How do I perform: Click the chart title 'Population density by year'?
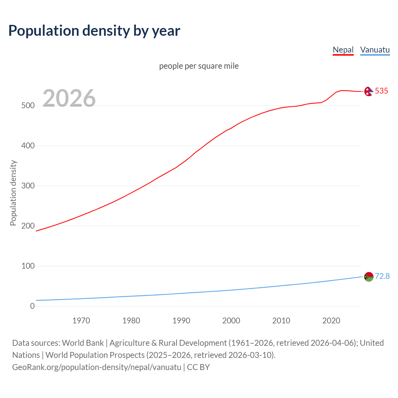[x=94, y=31]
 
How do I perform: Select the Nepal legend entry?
[x=343, y=50]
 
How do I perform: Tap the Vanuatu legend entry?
[x=375, y=50]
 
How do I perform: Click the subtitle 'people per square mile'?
[x=199, y=66]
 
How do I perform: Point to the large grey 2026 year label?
[x=69, y=98]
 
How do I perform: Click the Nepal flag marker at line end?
[x=368, y=91]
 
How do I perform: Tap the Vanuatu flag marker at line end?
[x=369, y=276]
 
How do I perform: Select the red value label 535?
[x=382, y=91]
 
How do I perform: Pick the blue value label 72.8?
[x=382, y=276]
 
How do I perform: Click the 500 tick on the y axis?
[x=28, y=106]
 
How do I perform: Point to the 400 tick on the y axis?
[x=28, y=146]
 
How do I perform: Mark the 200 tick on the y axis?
[x=28, y=226]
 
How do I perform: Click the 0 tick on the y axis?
[x=32, y=306]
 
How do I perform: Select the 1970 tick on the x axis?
[x=81, y=321]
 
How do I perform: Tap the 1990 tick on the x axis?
[x=181, y=321]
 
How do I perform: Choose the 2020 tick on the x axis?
[x=331, y=321]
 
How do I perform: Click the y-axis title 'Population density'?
[x=13, y=193]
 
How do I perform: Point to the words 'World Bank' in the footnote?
[x=83, y=343]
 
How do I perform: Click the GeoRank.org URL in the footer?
[x=97, y=367]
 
